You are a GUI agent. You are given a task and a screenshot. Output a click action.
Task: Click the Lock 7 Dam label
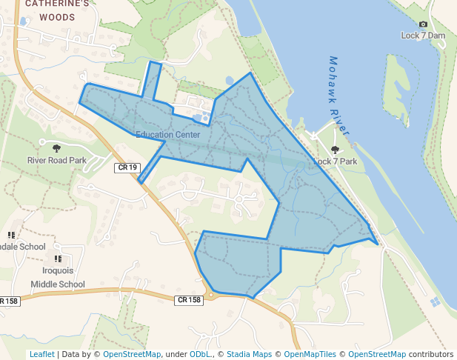click(x=423, y=35)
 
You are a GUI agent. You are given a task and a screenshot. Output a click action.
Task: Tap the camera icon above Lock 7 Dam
click(x=423, y=24)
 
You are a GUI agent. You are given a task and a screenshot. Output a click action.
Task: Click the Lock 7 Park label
click(x=335, y=161)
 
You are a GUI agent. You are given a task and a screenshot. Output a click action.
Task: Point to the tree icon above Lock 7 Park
click(x=335, y=150)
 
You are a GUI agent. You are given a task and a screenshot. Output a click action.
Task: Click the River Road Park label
click(x=57, y=160)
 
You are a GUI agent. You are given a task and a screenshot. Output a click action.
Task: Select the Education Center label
click(x=167, y=135)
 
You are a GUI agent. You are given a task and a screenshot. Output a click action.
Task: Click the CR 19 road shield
click(x=127, y=168)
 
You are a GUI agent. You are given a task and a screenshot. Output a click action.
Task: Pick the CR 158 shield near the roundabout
click(x=189, y=300)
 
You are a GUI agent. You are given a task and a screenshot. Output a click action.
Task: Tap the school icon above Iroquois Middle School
click(x=57, y=259)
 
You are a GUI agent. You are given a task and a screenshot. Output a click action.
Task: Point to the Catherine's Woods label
click(x=57, y=10)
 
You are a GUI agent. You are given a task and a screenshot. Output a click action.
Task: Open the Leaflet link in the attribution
click(x=41, y=354)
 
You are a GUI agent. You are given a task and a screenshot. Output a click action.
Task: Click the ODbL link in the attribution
click(x=200, y=354)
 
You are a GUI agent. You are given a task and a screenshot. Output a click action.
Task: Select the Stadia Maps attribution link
click(x=247, y=354)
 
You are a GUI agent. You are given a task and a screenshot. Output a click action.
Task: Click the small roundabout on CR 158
click(x=211, y=296)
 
